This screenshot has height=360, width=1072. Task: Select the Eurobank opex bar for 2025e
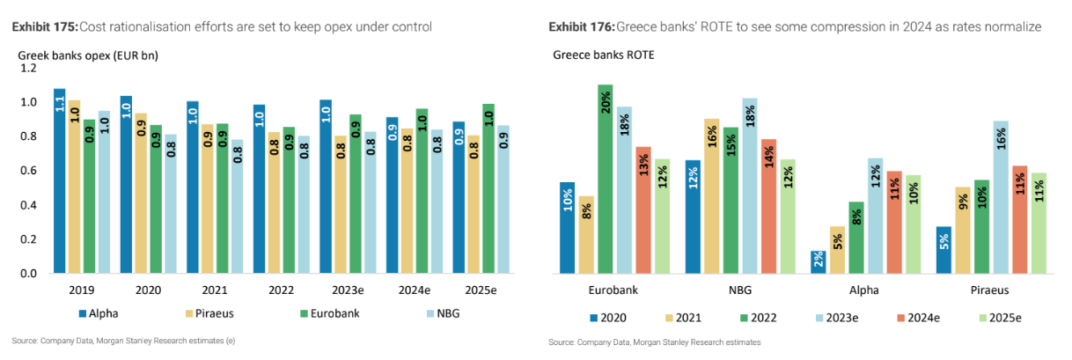(488, 188)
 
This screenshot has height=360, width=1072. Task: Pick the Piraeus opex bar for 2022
(275, 202)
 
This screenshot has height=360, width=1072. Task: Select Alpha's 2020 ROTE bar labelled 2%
(818, 261)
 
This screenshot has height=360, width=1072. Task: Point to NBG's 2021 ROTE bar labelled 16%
(711, 195)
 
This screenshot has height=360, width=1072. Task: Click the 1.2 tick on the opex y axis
(28, 68)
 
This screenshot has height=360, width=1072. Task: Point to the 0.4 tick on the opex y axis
(28, 205)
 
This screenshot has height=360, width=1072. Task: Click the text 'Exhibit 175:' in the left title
(44, 27)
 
